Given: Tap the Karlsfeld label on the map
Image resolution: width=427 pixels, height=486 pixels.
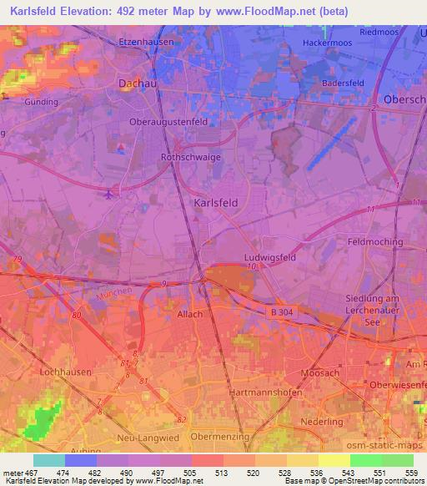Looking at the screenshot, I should [x=216, y=203].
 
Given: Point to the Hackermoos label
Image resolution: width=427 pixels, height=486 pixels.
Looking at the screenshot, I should [x=325, y=42].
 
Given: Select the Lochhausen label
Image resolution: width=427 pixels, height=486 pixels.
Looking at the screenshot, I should [x=63, y=368].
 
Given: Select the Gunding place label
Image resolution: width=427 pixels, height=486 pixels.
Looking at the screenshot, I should [x=42, y=102].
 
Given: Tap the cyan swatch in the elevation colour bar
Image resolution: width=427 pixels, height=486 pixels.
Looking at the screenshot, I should [x=48, y=460].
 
